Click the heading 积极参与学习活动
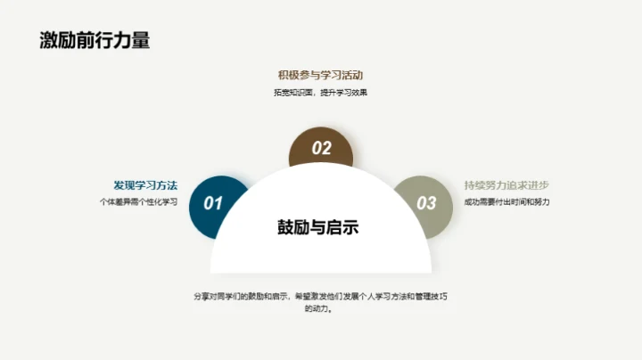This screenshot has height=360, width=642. [x=321, y=75]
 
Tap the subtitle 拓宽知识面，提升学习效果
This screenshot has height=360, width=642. [x=321, y=93]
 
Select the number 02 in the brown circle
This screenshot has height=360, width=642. [x=321, y=149]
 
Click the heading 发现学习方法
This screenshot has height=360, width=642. [x=145, y=185]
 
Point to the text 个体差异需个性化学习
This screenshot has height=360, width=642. [x=138, y=202]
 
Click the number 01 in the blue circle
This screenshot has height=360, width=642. [x=213, y=203]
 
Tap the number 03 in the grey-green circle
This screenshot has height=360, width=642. [x=427, y=203]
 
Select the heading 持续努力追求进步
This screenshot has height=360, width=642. [x=506, y=185]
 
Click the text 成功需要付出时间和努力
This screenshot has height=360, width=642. [x=507, y=202]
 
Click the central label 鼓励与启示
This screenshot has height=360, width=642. [x=318, y=227]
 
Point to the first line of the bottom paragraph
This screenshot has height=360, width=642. [x=321, y=295]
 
